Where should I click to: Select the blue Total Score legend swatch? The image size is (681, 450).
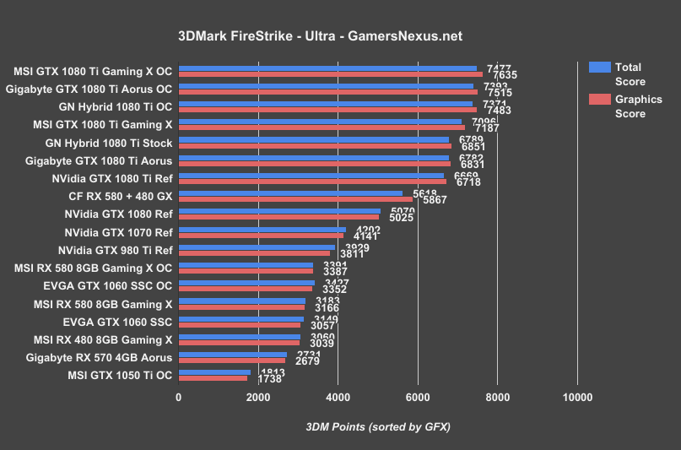(x=599, y=68)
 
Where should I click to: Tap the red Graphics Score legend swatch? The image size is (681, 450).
(x=599, y=100)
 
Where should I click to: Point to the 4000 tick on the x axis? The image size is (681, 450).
(x=338, y=396)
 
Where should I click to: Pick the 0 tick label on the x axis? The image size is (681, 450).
(x=178, y=396)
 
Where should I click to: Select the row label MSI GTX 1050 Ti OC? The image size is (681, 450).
(x=118, y=374)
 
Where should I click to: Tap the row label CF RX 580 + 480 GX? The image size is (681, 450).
(x=120, y=196)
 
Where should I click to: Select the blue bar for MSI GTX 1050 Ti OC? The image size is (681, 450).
(x=214, y=371)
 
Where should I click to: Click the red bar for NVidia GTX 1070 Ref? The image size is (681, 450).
(x=261, y=235)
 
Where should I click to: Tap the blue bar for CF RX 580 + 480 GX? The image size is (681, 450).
(x=290, y=192)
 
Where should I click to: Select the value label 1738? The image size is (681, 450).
(x=268, y=379)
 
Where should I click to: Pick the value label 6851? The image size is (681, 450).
(x=473, y=146)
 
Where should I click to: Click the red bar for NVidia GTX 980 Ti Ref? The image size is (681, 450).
(x=254, y=252)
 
